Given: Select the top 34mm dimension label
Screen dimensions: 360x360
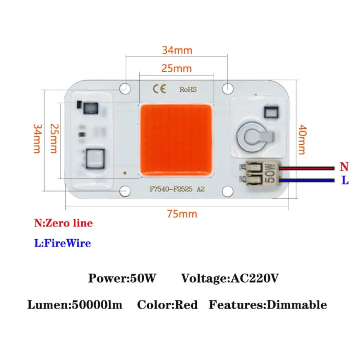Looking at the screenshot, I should (177, 50).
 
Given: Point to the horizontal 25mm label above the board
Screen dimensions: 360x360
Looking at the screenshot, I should (177, 68).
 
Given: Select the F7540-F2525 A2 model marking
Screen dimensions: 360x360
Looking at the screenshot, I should (177, 190).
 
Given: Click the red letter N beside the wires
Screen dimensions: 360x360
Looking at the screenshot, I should (344, 166).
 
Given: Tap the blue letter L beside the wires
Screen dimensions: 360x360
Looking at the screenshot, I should (345, 180).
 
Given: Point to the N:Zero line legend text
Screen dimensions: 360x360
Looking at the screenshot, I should (63, 223).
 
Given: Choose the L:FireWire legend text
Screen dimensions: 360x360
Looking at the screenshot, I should (62, 243).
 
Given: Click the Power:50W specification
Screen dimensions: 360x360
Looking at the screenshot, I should (122, 278).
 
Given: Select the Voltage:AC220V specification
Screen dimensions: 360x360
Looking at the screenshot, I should (230, 278).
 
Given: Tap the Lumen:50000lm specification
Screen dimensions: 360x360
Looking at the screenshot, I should (75, 305).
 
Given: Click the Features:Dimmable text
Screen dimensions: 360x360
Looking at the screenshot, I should (268, 305).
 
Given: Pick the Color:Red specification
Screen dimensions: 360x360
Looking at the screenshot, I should (167, 305).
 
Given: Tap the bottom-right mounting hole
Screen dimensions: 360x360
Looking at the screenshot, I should (228, 192).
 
